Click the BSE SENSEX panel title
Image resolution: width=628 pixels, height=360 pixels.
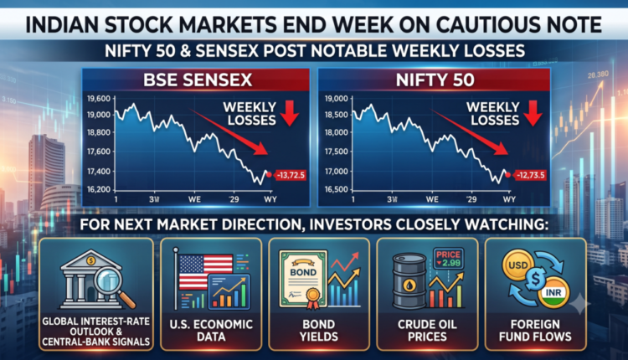coord(198,80)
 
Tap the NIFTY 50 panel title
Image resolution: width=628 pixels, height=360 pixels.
coord(435,80)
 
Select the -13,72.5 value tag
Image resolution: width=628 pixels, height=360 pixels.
coord(291,175)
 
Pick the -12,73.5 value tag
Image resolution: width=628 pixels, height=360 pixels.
coord(530,175)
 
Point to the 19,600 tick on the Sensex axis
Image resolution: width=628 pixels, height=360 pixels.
coord(99,99)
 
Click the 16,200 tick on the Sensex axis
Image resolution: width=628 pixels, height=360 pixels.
coord(99,189)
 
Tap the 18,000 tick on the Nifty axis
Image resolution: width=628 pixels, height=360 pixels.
coord(337,132)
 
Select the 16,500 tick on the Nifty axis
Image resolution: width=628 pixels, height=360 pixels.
coord(337,189)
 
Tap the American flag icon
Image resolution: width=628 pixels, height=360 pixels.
coord(205,271)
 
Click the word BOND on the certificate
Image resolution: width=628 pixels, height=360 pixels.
coord(303,272)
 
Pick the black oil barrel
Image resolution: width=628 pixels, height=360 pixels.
coord(409,280)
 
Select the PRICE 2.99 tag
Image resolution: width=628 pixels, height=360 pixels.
coord(449,259)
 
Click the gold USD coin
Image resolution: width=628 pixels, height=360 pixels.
coord(517,265)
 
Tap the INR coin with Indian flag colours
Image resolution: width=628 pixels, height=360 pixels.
coord(553,292)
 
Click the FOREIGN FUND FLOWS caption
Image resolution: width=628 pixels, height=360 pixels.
coord(535,331)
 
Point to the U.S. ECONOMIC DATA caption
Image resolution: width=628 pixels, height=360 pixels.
coord(211,331)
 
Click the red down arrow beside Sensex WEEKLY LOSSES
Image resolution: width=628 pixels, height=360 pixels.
coord(289,113)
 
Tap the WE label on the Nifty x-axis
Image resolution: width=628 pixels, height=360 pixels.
coord(432,199)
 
